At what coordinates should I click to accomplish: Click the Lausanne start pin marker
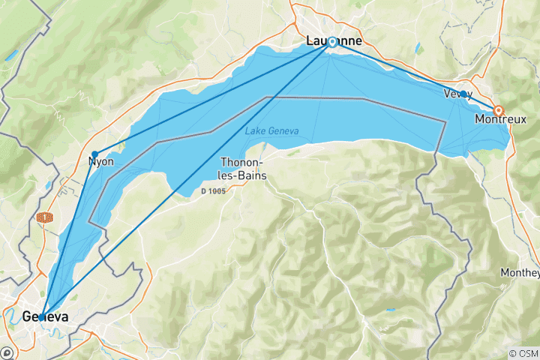click(331, 42)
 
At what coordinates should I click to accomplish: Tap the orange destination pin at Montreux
click(498, 110)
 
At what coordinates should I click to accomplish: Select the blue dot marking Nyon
click(94, 154)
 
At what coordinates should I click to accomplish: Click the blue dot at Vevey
click(463, 94)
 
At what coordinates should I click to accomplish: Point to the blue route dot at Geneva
click(42, 315)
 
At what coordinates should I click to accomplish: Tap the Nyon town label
click(100, 161)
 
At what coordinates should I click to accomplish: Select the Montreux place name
click(501, 119)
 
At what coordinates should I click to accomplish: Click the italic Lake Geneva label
click(271, 131)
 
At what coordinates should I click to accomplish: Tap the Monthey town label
click(520, 273)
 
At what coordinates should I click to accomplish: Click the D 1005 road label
click(212, 191)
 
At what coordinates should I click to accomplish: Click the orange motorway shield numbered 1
click(46, 217)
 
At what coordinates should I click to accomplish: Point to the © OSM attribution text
click(523, 353)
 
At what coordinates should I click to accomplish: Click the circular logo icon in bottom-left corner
click(8, 352)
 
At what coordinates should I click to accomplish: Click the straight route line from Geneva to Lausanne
click(187, 178)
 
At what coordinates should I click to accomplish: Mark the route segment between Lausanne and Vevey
click(397, 67)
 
